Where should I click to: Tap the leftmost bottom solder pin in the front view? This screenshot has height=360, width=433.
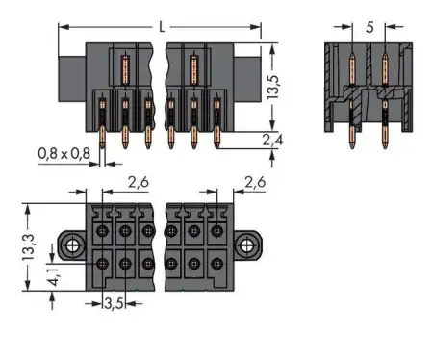point(100,135)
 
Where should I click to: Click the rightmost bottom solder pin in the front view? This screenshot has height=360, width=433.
point(216,135)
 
